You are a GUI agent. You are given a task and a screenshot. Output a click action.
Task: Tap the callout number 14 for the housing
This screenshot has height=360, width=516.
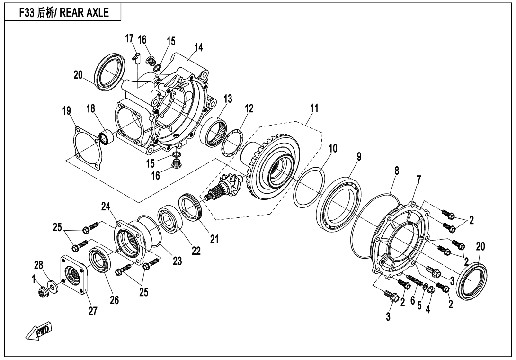click(x=198, y=47)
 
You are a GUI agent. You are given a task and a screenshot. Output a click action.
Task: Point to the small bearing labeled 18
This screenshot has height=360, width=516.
click(x=105, y=136)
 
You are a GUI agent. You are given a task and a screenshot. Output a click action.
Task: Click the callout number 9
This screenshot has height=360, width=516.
click(x=359, y=157)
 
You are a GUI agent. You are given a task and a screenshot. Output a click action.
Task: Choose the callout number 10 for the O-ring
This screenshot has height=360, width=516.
click(x=333, y=148)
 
